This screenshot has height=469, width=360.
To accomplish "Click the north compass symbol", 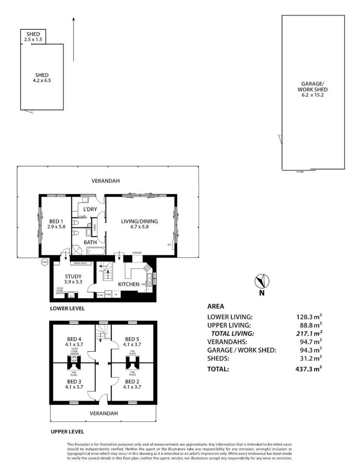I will tap(262, 281).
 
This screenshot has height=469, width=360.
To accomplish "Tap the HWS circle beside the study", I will tap(44, 262).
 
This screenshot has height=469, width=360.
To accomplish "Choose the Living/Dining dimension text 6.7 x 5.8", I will tap(139, 226).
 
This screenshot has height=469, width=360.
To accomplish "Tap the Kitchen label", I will tap(129, 284).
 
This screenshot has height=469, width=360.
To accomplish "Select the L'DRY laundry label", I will tap(89, 209).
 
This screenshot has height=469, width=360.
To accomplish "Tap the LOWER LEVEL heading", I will tap(67, 308).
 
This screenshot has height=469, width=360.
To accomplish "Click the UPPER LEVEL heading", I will tap(67, 432).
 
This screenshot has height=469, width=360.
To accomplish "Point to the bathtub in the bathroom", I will tap(96, 250).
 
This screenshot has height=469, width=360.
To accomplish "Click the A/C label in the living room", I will tap(169, 244).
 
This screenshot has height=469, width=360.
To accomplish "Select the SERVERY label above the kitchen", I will tap(137, 253).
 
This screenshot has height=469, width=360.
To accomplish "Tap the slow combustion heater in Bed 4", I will tap(73, 359).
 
